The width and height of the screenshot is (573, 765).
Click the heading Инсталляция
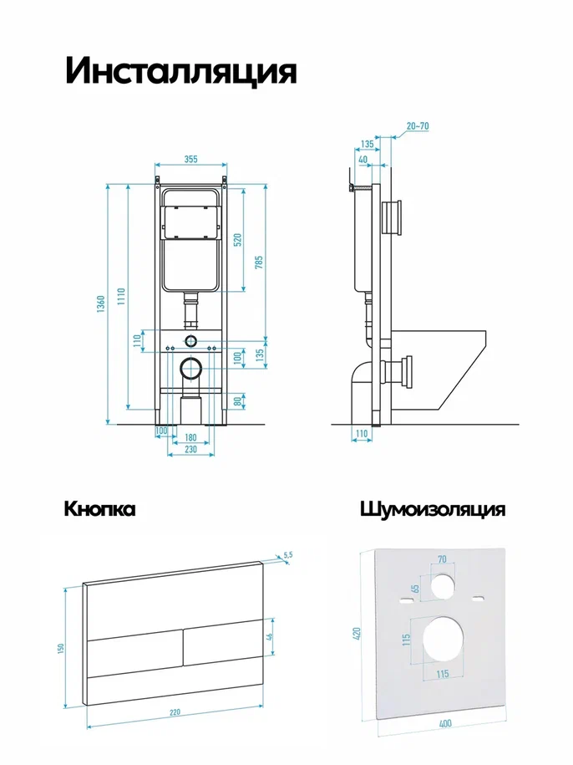[180, 72]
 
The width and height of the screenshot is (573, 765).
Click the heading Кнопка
[99, 509]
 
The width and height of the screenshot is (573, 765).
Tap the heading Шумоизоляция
[433, 509]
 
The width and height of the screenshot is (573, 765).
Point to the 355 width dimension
[191, 159]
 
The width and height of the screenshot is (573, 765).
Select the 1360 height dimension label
[101, 304]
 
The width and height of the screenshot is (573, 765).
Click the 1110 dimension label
[121, 297]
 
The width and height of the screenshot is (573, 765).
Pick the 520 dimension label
[238, 240]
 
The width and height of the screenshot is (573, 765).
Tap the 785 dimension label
[259, 262]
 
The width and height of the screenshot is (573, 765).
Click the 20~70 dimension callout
[418, 126]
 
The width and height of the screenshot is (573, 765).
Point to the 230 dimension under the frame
[191, 449]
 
